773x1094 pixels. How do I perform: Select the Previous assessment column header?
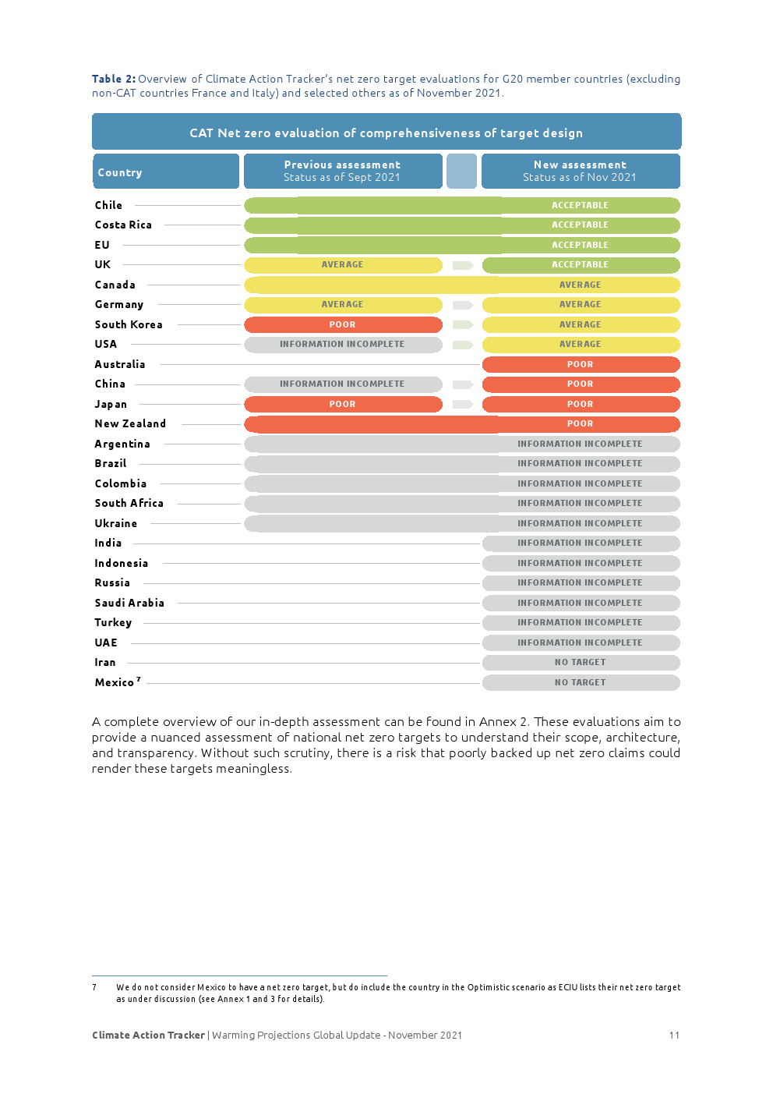point(342,172)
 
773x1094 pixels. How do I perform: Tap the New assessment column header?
point(580,172)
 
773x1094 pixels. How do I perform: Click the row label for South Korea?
point(129,324)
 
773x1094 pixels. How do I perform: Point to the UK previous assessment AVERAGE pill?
point(343,265)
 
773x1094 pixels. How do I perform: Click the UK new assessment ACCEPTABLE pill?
point(581,265)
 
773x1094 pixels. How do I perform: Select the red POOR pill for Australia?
point(581,364)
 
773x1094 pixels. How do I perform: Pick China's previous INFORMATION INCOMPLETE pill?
point(343,384)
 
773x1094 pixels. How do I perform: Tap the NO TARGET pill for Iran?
point(581,662)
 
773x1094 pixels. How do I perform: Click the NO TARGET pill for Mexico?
point(581,682)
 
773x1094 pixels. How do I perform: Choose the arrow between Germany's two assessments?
point(463,305)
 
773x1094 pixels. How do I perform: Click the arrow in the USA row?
point(463,345)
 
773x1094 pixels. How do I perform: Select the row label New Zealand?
point(130,423)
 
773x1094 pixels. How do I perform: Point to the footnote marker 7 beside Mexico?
point(139,679)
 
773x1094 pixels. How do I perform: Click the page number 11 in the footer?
point(674,1036)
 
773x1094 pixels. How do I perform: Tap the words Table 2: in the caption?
point(114,79)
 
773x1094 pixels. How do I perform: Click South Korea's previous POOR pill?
point(343,324)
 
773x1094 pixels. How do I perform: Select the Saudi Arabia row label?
point(129,603)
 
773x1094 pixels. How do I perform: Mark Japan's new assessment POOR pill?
point(581,404)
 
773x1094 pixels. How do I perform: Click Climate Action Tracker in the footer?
point(148,1036)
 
